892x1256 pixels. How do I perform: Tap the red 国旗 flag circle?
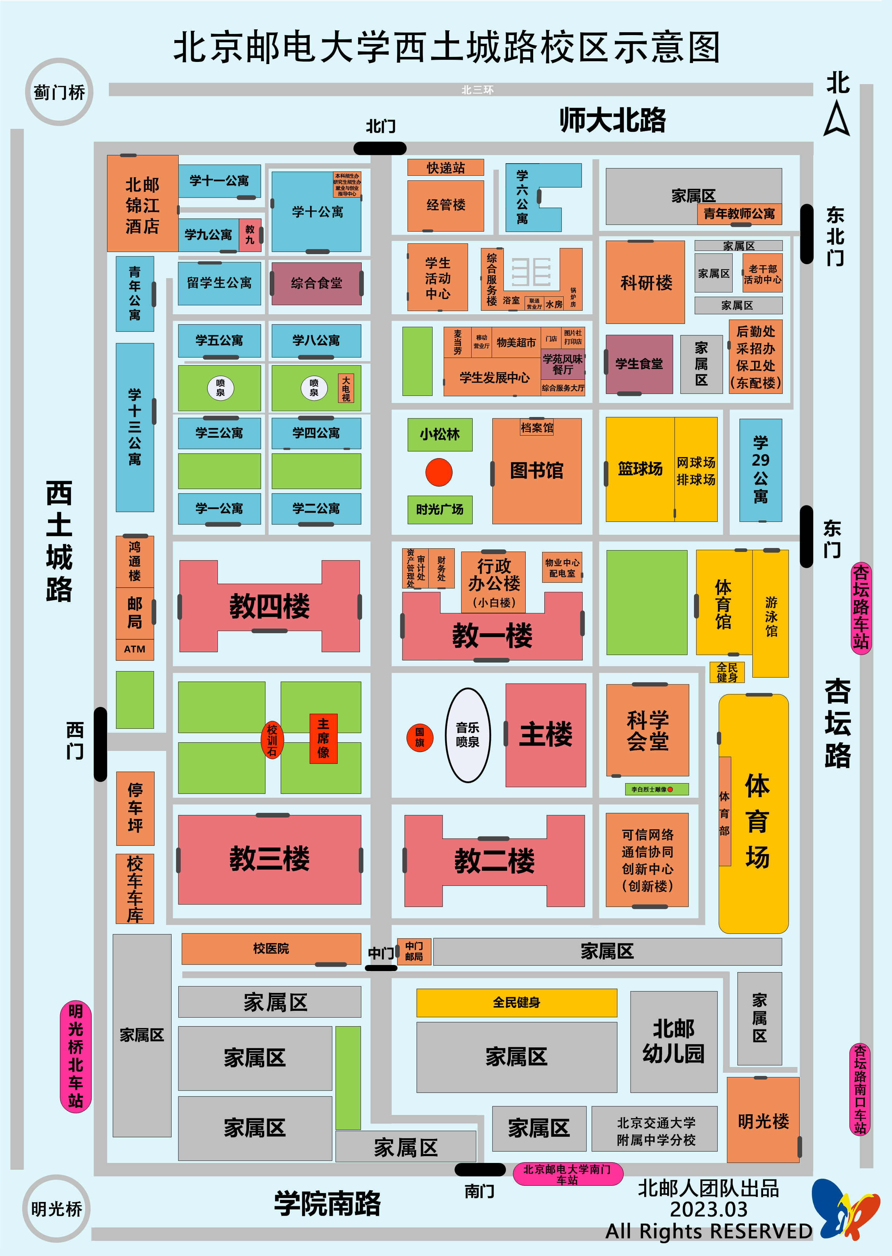coord(420,737)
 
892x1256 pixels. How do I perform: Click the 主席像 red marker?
coord(323,738)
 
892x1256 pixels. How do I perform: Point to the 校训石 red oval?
coord(272,739)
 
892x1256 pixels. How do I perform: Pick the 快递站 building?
coord(445,168)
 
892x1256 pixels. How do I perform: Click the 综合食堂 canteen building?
coord(317,283)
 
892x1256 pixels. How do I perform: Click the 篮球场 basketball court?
coord(640,469)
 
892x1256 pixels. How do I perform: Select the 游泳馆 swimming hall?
coord(771,614)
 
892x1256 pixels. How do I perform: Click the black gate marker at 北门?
coord(380,148)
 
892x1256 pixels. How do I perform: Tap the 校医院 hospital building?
coord(271,948)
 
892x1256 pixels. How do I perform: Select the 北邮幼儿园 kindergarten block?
coord(674,1041)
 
